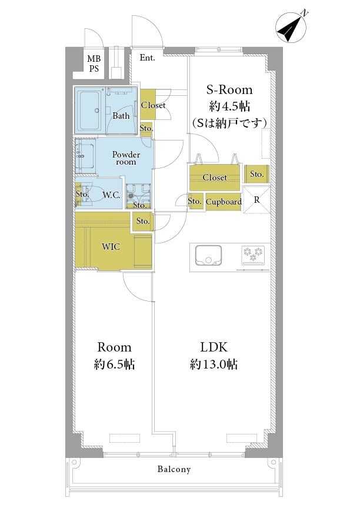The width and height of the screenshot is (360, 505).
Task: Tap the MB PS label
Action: click(94, 63)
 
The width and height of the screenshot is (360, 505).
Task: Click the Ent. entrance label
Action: click(147, 58)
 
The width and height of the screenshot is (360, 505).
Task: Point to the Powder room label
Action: click(126, 158)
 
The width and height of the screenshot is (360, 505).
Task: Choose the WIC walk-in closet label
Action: click(111, 247)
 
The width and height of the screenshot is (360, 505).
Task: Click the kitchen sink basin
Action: click(208, 256)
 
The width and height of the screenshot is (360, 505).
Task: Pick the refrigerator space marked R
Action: click(256, 200)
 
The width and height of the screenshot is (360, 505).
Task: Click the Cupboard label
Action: click(224, 202)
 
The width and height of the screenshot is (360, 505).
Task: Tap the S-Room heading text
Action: click(229, 89)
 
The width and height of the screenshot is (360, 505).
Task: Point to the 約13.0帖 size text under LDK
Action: click(214, 364)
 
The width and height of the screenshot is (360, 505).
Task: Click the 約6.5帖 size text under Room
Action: click(115, 364)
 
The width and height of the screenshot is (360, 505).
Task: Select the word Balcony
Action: click(174, 469)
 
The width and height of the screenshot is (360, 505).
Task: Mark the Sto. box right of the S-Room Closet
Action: click(257, 174)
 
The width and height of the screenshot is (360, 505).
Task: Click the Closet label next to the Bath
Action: click(153, 105)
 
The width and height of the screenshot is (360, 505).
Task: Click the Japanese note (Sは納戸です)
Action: click(229, 122)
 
